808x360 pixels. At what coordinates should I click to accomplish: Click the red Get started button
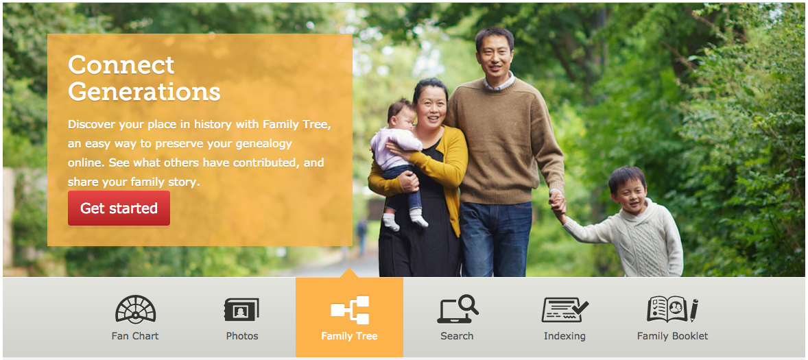point(119,208)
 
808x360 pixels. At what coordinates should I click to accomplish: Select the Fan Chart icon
point(136,309)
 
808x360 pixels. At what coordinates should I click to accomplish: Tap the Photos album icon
point(241,310)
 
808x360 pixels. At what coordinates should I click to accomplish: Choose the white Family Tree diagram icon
point(350,309)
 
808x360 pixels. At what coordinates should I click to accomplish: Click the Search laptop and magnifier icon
point(458,309)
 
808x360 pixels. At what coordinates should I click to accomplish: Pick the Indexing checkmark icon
point(565,310)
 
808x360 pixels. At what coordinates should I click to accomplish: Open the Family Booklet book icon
point(672,309)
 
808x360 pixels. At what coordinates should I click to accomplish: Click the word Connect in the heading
point(121,65)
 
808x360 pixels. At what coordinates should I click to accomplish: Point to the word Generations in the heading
point(144,92)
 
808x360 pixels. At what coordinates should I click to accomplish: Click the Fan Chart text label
point(135,336)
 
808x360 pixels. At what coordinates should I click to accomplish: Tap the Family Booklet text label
point(672,336)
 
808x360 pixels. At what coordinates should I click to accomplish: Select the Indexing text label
point(565,337)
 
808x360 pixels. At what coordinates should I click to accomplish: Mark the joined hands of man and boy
point(557,204)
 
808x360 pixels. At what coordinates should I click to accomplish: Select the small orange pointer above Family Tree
point(349,272)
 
